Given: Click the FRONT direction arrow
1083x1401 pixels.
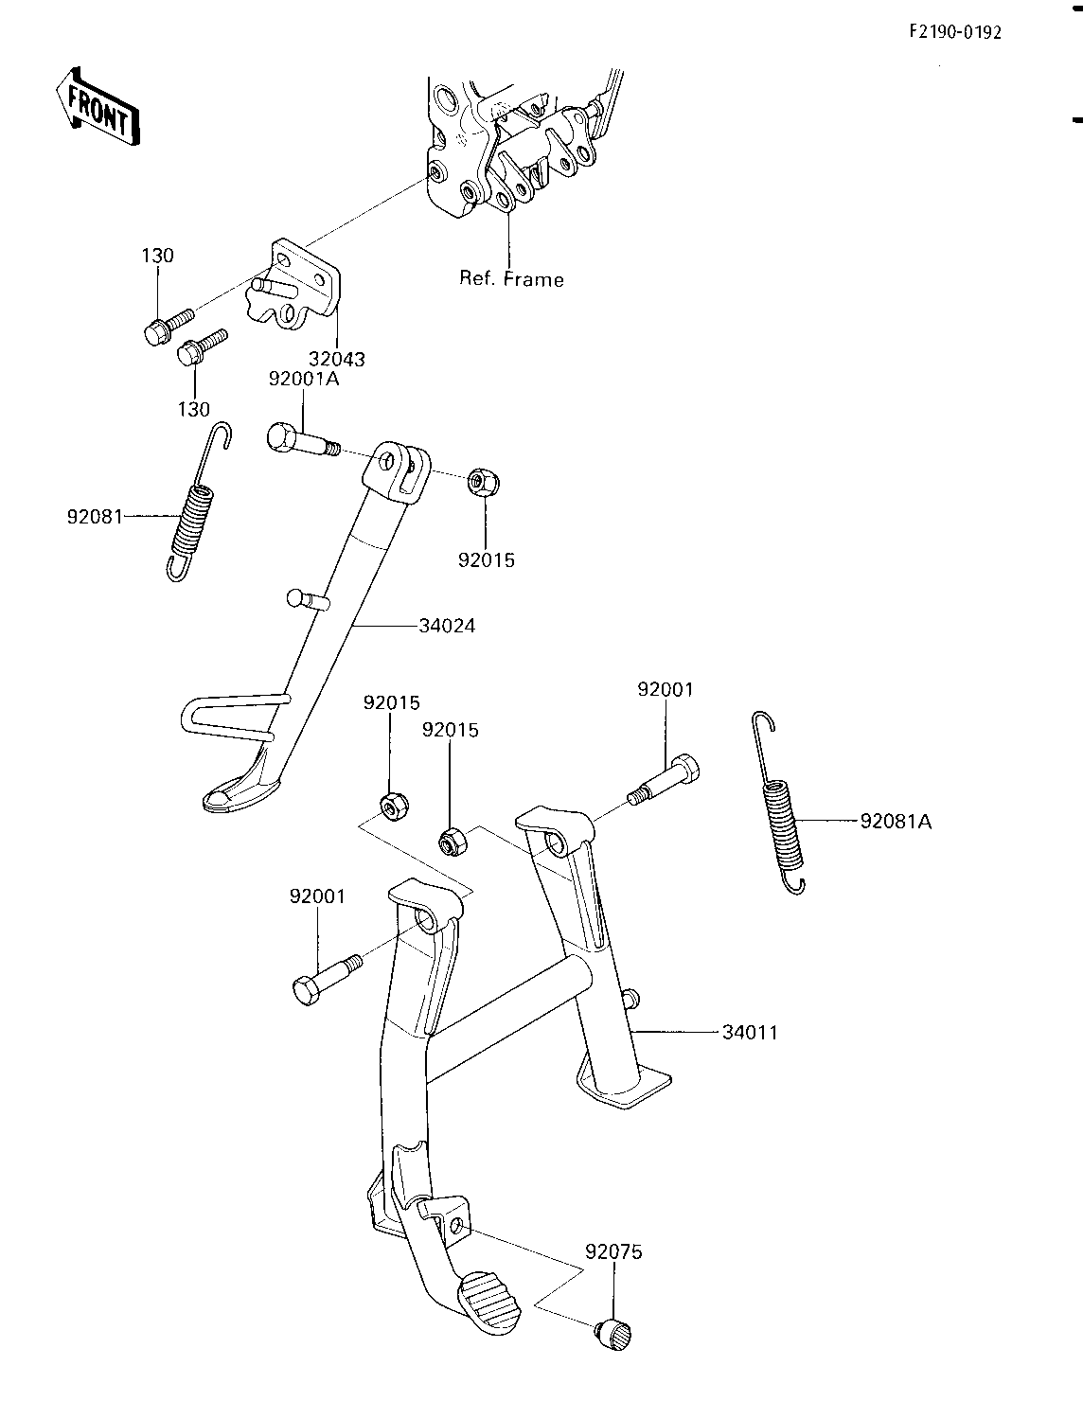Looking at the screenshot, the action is click(x=98, y=106).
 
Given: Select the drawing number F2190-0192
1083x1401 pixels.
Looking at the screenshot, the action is click(x=955, y=32).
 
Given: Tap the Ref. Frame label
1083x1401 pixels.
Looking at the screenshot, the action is click(x=511, y=279).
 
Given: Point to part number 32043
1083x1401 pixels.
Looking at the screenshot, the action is click(x=336, y=359).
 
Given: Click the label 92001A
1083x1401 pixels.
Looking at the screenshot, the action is click(x=304, y=379).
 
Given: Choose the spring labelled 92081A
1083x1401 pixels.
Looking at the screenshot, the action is click(x=780, y=803).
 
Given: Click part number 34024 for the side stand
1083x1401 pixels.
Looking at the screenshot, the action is click(x=447, y=626).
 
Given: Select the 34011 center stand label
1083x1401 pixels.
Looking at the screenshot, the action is click(x=750, y=1032).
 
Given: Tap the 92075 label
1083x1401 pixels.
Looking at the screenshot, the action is click(x=613, y=1251).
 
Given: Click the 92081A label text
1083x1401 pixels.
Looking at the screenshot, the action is click(x=897, y=822).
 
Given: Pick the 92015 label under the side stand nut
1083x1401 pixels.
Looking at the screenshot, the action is click(x=487, y=559).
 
